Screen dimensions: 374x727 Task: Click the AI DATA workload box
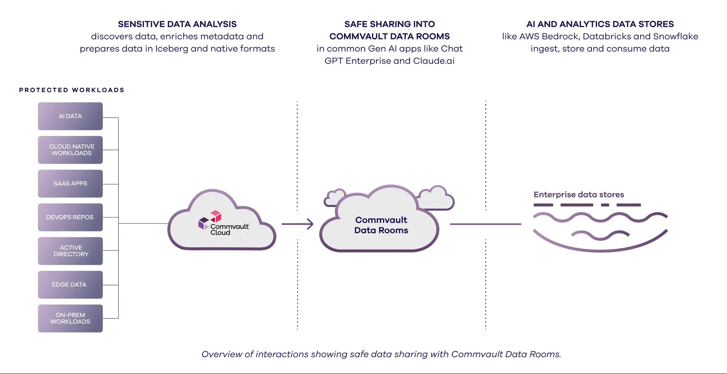coord(70,116)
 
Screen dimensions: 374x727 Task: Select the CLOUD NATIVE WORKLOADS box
coord(70,150)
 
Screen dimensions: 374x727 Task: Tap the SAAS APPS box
coord(70,184)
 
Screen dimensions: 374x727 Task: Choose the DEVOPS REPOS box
coord(70,217)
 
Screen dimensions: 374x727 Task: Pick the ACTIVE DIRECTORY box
coord(70,251)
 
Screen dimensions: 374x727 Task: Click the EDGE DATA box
coord(70,285)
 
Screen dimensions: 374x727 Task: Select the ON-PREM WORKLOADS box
coord(70,318)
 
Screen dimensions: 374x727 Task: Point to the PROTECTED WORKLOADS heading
coord(72,90)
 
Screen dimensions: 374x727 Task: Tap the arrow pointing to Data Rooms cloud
coord(297,224)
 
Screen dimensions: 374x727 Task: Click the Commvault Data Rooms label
coord(381,225)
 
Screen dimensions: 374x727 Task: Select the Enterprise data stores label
coord(579,195)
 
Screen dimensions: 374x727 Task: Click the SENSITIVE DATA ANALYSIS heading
coord(177,24)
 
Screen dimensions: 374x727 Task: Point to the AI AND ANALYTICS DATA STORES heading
coord(600,24)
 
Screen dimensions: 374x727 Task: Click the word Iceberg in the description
coord(172,49)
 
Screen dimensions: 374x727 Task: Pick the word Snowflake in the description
coord(675,37)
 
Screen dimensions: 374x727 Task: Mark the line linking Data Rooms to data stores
coord(485,224)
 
